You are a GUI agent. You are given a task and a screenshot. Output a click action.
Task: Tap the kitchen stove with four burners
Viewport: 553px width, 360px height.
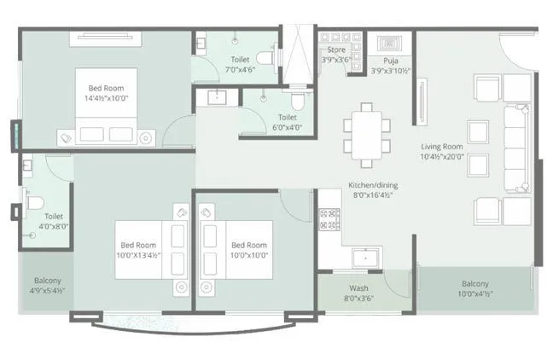(329, 219)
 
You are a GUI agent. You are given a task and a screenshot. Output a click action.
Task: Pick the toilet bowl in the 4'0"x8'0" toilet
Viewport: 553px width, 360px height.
(34, 203)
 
